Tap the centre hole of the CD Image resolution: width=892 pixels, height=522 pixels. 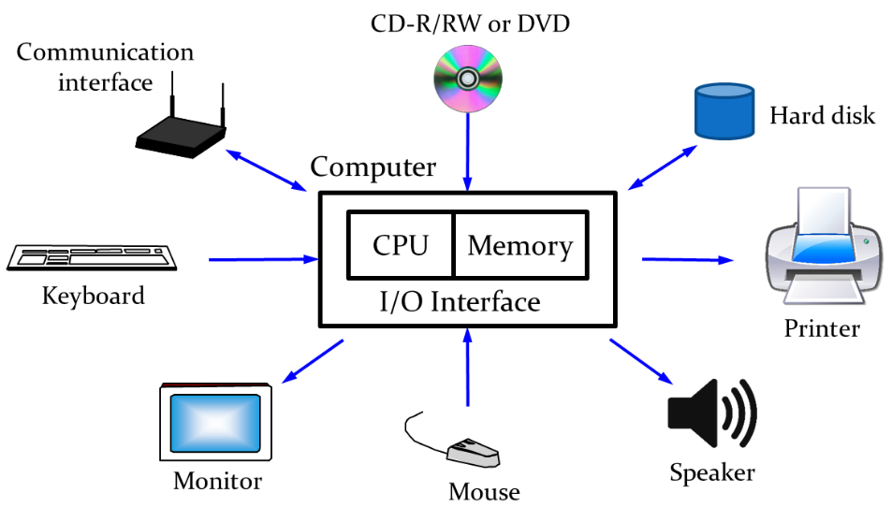tap(468, 79)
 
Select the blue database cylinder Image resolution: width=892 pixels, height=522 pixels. tap(724, 111)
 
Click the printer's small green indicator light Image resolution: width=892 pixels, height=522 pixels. tap(866, 241)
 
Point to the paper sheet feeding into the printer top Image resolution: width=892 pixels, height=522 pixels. tap(823, 210)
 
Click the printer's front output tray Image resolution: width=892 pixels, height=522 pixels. tap(823, 289)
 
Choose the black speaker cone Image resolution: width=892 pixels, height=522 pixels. tap(693, 413)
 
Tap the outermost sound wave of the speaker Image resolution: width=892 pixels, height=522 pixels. tap(748, 413)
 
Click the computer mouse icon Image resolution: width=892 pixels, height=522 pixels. tap(474, 455)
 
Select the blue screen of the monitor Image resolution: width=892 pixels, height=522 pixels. tap(215, 423)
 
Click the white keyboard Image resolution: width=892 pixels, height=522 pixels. tap(93, 256)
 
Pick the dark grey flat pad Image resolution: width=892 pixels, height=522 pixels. tap(182, 132)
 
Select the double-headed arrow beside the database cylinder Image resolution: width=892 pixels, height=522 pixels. tap(663, 167)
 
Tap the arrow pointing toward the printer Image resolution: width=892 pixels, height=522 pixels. tap(688, 259)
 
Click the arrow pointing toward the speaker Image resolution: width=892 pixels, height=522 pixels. tap(640, 360)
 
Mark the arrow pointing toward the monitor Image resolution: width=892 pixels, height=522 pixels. tap(314, 361)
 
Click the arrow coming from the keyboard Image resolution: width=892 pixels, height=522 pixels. tap(263, 259)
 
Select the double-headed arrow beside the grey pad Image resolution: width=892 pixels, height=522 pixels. tap(266, 169)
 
